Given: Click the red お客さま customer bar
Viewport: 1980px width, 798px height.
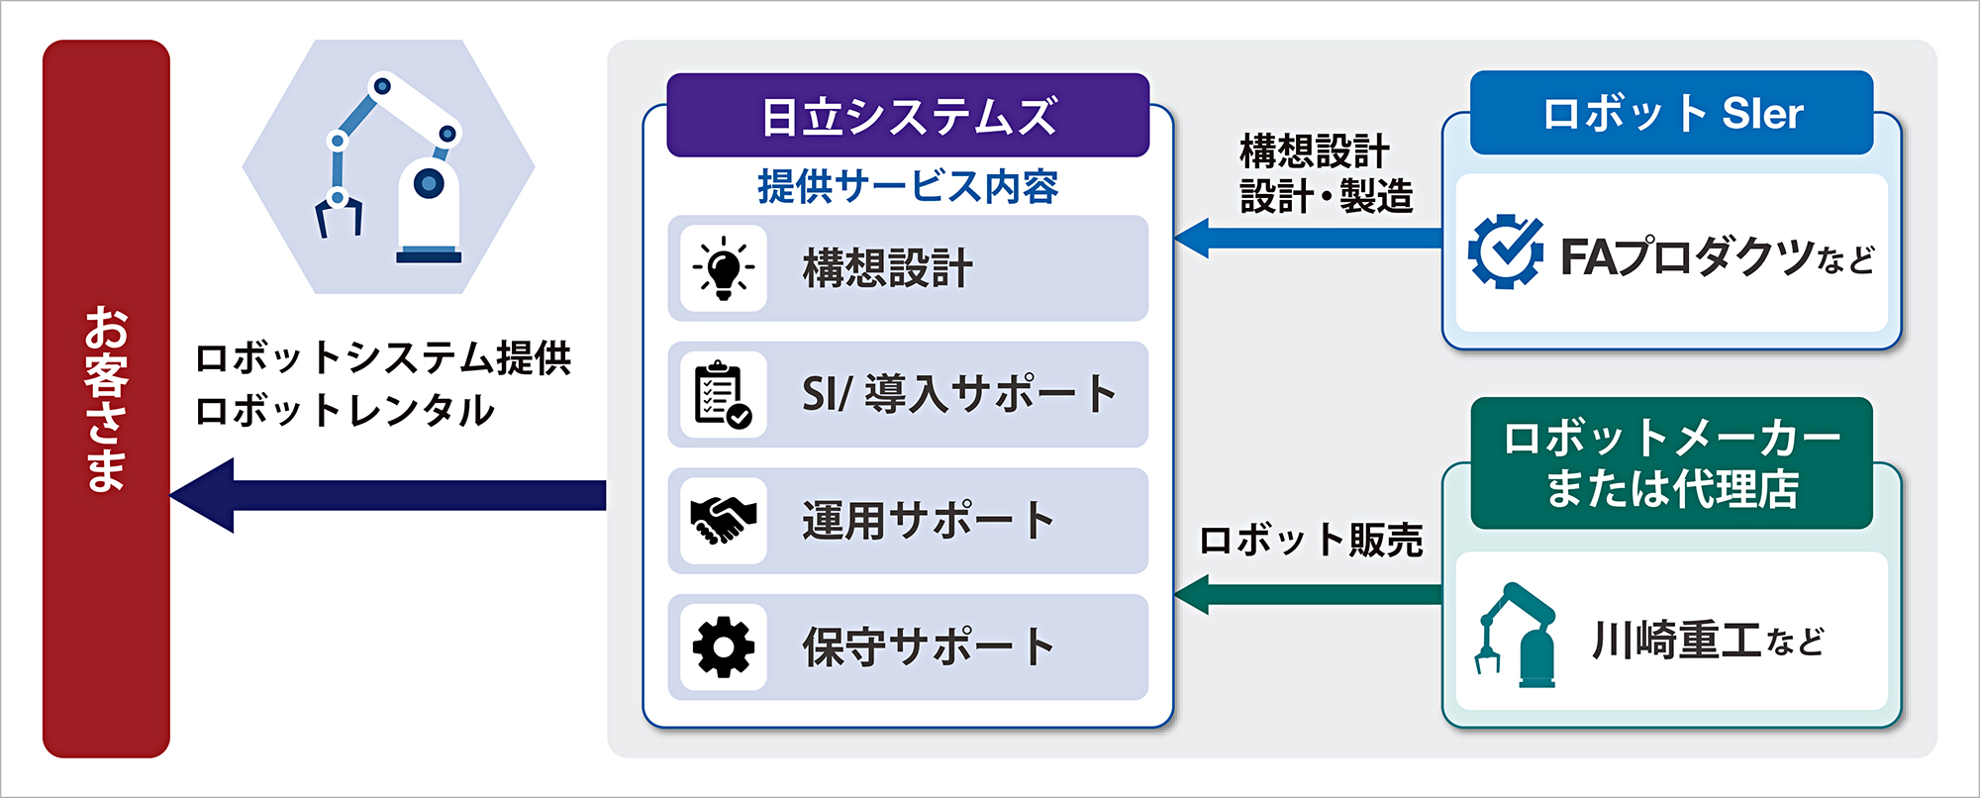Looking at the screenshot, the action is coord(106,399).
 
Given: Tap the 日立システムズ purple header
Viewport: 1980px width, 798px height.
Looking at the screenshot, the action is coord(908,115).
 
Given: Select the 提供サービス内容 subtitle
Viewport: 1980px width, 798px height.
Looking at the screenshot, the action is coord(908,186).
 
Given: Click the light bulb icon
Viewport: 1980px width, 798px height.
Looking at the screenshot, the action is coord(724,268).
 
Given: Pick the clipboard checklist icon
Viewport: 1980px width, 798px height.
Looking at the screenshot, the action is coord(724,394).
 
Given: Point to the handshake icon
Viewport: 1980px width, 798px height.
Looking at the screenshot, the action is coord(724,521).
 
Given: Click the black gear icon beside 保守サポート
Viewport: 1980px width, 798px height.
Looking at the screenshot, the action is coord(724,648).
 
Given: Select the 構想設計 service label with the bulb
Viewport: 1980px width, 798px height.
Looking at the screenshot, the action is coord(888,268).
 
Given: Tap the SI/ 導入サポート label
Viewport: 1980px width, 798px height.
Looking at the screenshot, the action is coord(959,394).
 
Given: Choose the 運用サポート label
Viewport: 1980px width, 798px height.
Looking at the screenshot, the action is coord(928,521).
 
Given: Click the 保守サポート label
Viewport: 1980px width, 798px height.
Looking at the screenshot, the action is coord(928,648).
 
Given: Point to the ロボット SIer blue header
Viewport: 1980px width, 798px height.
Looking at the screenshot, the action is coord(1672,113).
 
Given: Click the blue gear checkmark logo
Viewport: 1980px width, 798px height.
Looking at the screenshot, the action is coord(1505,251).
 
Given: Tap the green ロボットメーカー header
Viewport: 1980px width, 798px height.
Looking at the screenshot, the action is coord(1672,463).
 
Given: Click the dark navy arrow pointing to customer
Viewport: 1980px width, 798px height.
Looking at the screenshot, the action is coord(388,495).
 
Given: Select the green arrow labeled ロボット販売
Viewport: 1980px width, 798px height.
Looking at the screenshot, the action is coord(1308,594).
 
